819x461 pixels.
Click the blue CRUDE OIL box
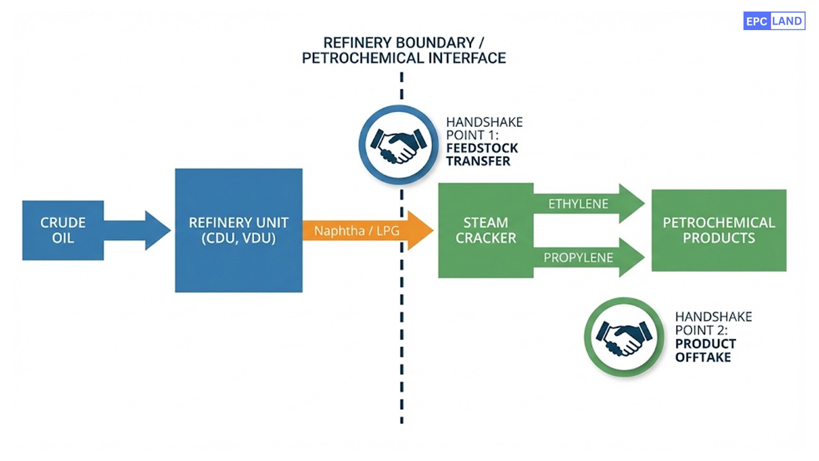pyautogui.click(x=63, y=230)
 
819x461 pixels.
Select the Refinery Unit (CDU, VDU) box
pyautogui.click(x=239, y=230)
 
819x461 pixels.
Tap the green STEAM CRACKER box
pyautogui.click(x=485, y=230)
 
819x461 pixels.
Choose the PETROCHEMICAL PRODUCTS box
pyautogui.click(x=719, y=230)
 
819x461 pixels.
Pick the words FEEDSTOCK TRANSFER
pyautogui.click(x=482, y=154)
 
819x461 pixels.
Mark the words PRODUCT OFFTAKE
pyautogui.click(x=705, y=350)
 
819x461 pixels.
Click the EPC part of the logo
pyautogui.click(x=756, y=21)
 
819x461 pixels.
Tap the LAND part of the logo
pyautogui.click(x=787, y=21)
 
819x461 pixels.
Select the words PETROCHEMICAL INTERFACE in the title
pyautogui.click(x=404, y=58)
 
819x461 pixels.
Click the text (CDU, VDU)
pyautogui.click(x=239, y=238)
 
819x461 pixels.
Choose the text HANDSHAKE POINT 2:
pyautogui.click(x=713, y=323)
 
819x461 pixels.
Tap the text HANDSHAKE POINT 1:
pyautogui.click(x=484, y=128)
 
